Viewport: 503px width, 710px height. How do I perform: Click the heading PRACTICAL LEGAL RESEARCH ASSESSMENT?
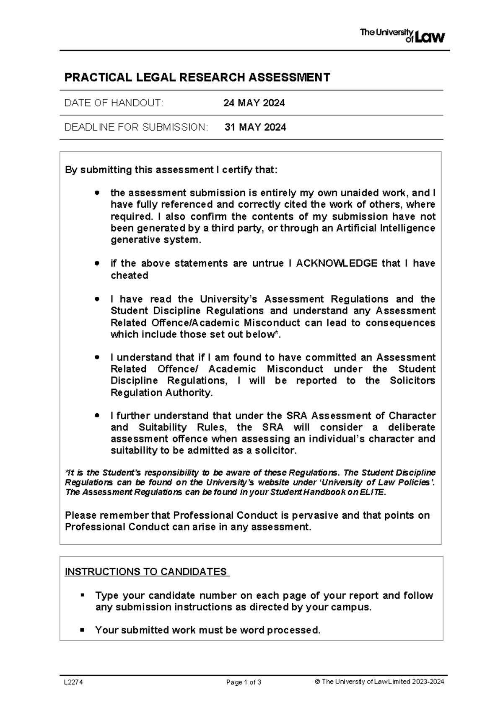(197, 77)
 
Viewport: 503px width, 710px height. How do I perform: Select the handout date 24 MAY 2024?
(254, 103)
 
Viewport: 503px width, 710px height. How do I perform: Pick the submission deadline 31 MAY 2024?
(255, 127)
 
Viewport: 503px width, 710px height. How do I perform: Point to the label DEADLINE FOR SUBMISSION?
(136, 127)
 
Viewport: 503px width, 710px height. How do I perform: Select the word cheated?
(129, 275)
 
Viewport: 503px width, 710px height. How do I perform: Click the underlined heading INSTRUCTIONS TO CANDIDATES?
(147, 572)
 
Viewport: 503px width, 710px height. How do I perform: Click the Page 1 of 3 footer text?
(244, 682)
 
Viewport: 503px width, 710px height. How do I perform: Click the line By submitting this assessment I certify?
(171, 170)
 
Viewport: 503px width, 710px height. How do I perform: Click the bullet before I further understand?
(97, 416)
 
